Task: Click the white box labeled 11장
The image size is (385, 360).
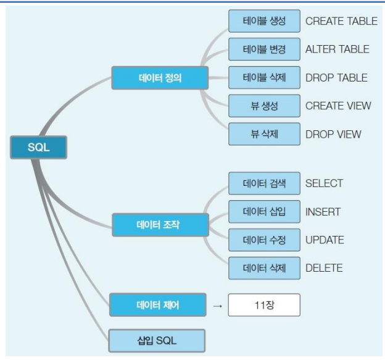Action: pos(263,305)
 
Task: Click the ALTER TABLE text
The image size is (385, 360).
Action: pos(337,49)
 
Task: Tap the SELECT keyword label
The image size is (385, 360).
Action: pos(324,183)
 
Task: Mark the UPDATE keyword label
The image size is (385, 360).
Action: pos(325,240)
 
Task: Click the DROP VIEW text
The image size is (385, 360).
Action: pos(333,134)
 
